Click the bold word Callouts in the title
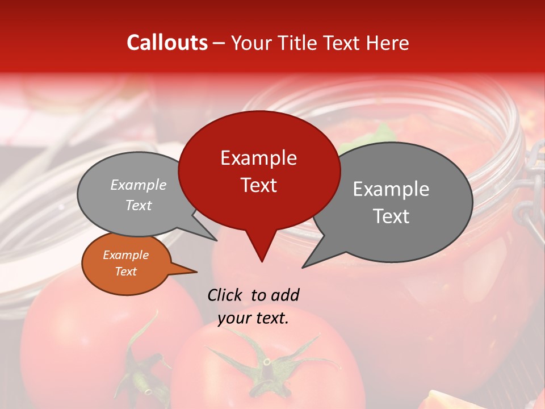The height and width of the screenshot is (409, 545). [x=167, y=43]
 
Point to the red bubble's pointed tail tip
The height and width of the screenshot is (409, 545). [x=262, y=261]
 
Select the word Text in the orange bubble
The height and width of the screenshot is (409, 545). [x=125, y=272]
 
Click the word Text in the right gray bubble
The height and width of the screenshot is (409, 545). [x=391, y=216]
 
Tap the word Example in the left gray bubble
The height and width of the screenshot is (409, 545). [x=138, y=185]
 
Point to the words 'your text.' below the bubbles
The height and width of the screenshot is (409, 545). [x=253, y=318]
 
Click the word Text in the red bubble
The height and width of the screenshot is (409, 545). [x=258, y=185]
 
